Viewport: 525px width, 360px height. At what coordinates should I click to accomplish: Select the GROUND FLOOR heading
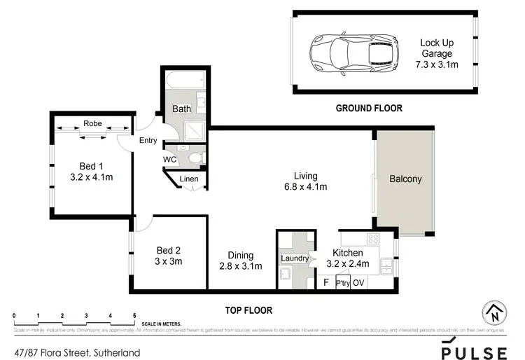tap(369, 108)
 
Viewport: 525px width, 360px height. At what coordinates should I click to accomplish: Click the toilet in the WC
tap(195, 158)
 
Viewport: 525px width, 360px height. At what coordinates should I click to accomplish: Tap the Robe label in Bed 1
tap(92, 123)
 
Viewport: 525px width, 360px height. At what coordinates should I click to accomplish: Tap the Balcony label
tap(405, 179)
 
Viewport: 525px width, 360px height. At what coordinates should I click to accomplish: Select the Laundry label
tap(295, 258)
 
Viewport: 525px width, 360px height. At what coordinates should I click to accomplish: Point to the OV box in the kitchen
tap(358, 283)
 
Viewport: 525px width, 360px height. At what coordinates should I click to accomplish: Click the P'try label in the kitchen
tap(342, 283)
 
